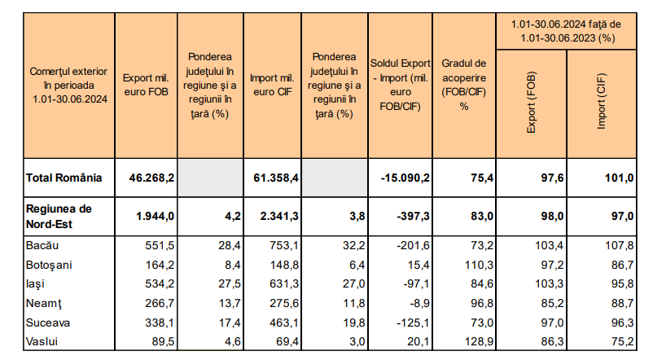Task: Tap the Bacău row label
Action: tap(43, 245)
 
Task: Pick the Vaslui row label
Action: tap(42, 341)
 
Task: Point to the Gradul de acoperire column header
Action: tap(464, 84)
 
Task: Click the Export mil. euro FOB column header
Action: tap(146, 84)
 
